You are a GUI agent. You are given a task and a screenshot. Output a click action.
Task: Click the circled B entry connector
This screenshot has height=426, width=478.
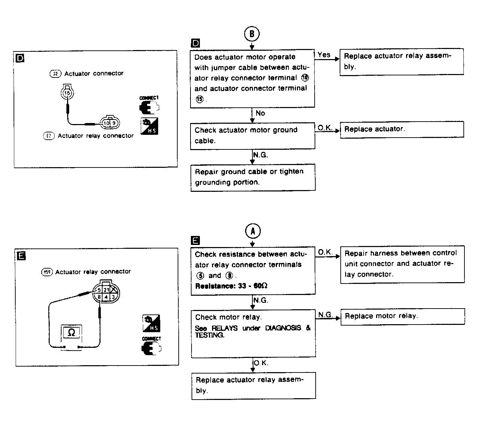tap(252, 34)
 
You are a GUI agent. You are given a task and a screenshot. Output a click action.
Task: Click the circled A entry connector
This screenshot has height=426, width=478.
tap(253, 231)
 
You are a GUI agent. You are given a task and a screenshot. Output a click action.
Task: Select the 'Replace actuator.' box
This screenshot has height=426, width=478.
tap(402, 129)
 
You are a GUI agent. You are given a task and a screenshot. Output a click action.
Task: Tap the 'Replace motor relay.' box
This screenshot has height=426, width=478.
tap(403, 316)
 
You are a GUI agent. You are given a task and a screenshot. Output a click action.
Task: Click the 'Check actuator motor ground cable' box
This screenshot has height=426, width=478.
tap(252, 135)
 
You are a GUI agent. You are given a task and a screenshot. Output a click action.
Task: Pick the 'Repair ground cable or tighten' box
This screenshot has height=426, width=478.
tap(253, 177)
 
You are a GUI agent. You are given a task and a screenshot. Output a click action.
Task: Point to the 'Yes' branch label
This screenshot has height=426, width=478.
tap(324, 55)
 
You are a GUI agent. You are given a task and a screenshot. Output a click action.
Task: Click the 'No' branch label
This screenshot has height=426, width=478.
tap(260, 113)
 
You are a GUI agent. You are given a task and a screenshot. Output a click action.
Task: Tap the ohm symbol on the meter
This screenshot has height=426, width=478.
tap(71, 333)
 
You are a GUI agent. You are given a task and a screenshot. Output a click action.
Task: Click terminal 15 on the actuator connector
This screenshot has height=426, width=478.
tap(67, 93)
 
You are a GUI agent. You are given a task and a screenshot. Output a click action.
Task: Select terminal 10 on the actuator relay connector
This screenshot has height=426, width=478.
tap(106, 123)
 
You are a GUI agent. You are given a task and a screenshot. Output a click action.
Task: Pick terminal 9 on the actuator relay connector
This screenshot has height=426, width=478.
tap(113, 123)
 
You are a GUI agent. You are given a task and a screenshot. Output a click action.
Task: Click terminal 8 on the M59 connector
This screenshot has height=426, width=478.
tap(99, 297)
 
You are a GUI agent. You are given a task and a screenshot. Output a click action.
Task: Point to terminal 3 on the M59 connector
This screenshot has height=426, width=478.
tap(113, 297)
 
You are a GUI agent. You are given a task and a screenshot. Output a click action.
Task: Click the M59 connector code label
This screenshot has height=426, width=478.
tap(46, 272)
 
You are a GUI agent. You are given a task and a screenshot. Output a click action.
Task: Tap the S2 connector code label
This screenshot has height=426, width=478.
tap(55, 73)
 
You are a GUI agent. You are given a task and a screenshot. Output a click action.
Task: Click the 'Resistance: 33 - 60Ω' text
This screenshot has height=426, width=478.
tap(231, 286)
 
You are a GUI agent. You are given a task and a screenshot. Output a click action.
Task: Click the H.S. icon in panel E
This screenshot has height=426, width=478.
tap(151, 323)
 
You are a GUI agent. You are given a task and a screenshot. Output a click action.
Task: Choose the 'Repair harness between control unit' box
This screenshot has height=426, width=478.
tap(402, 264)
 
